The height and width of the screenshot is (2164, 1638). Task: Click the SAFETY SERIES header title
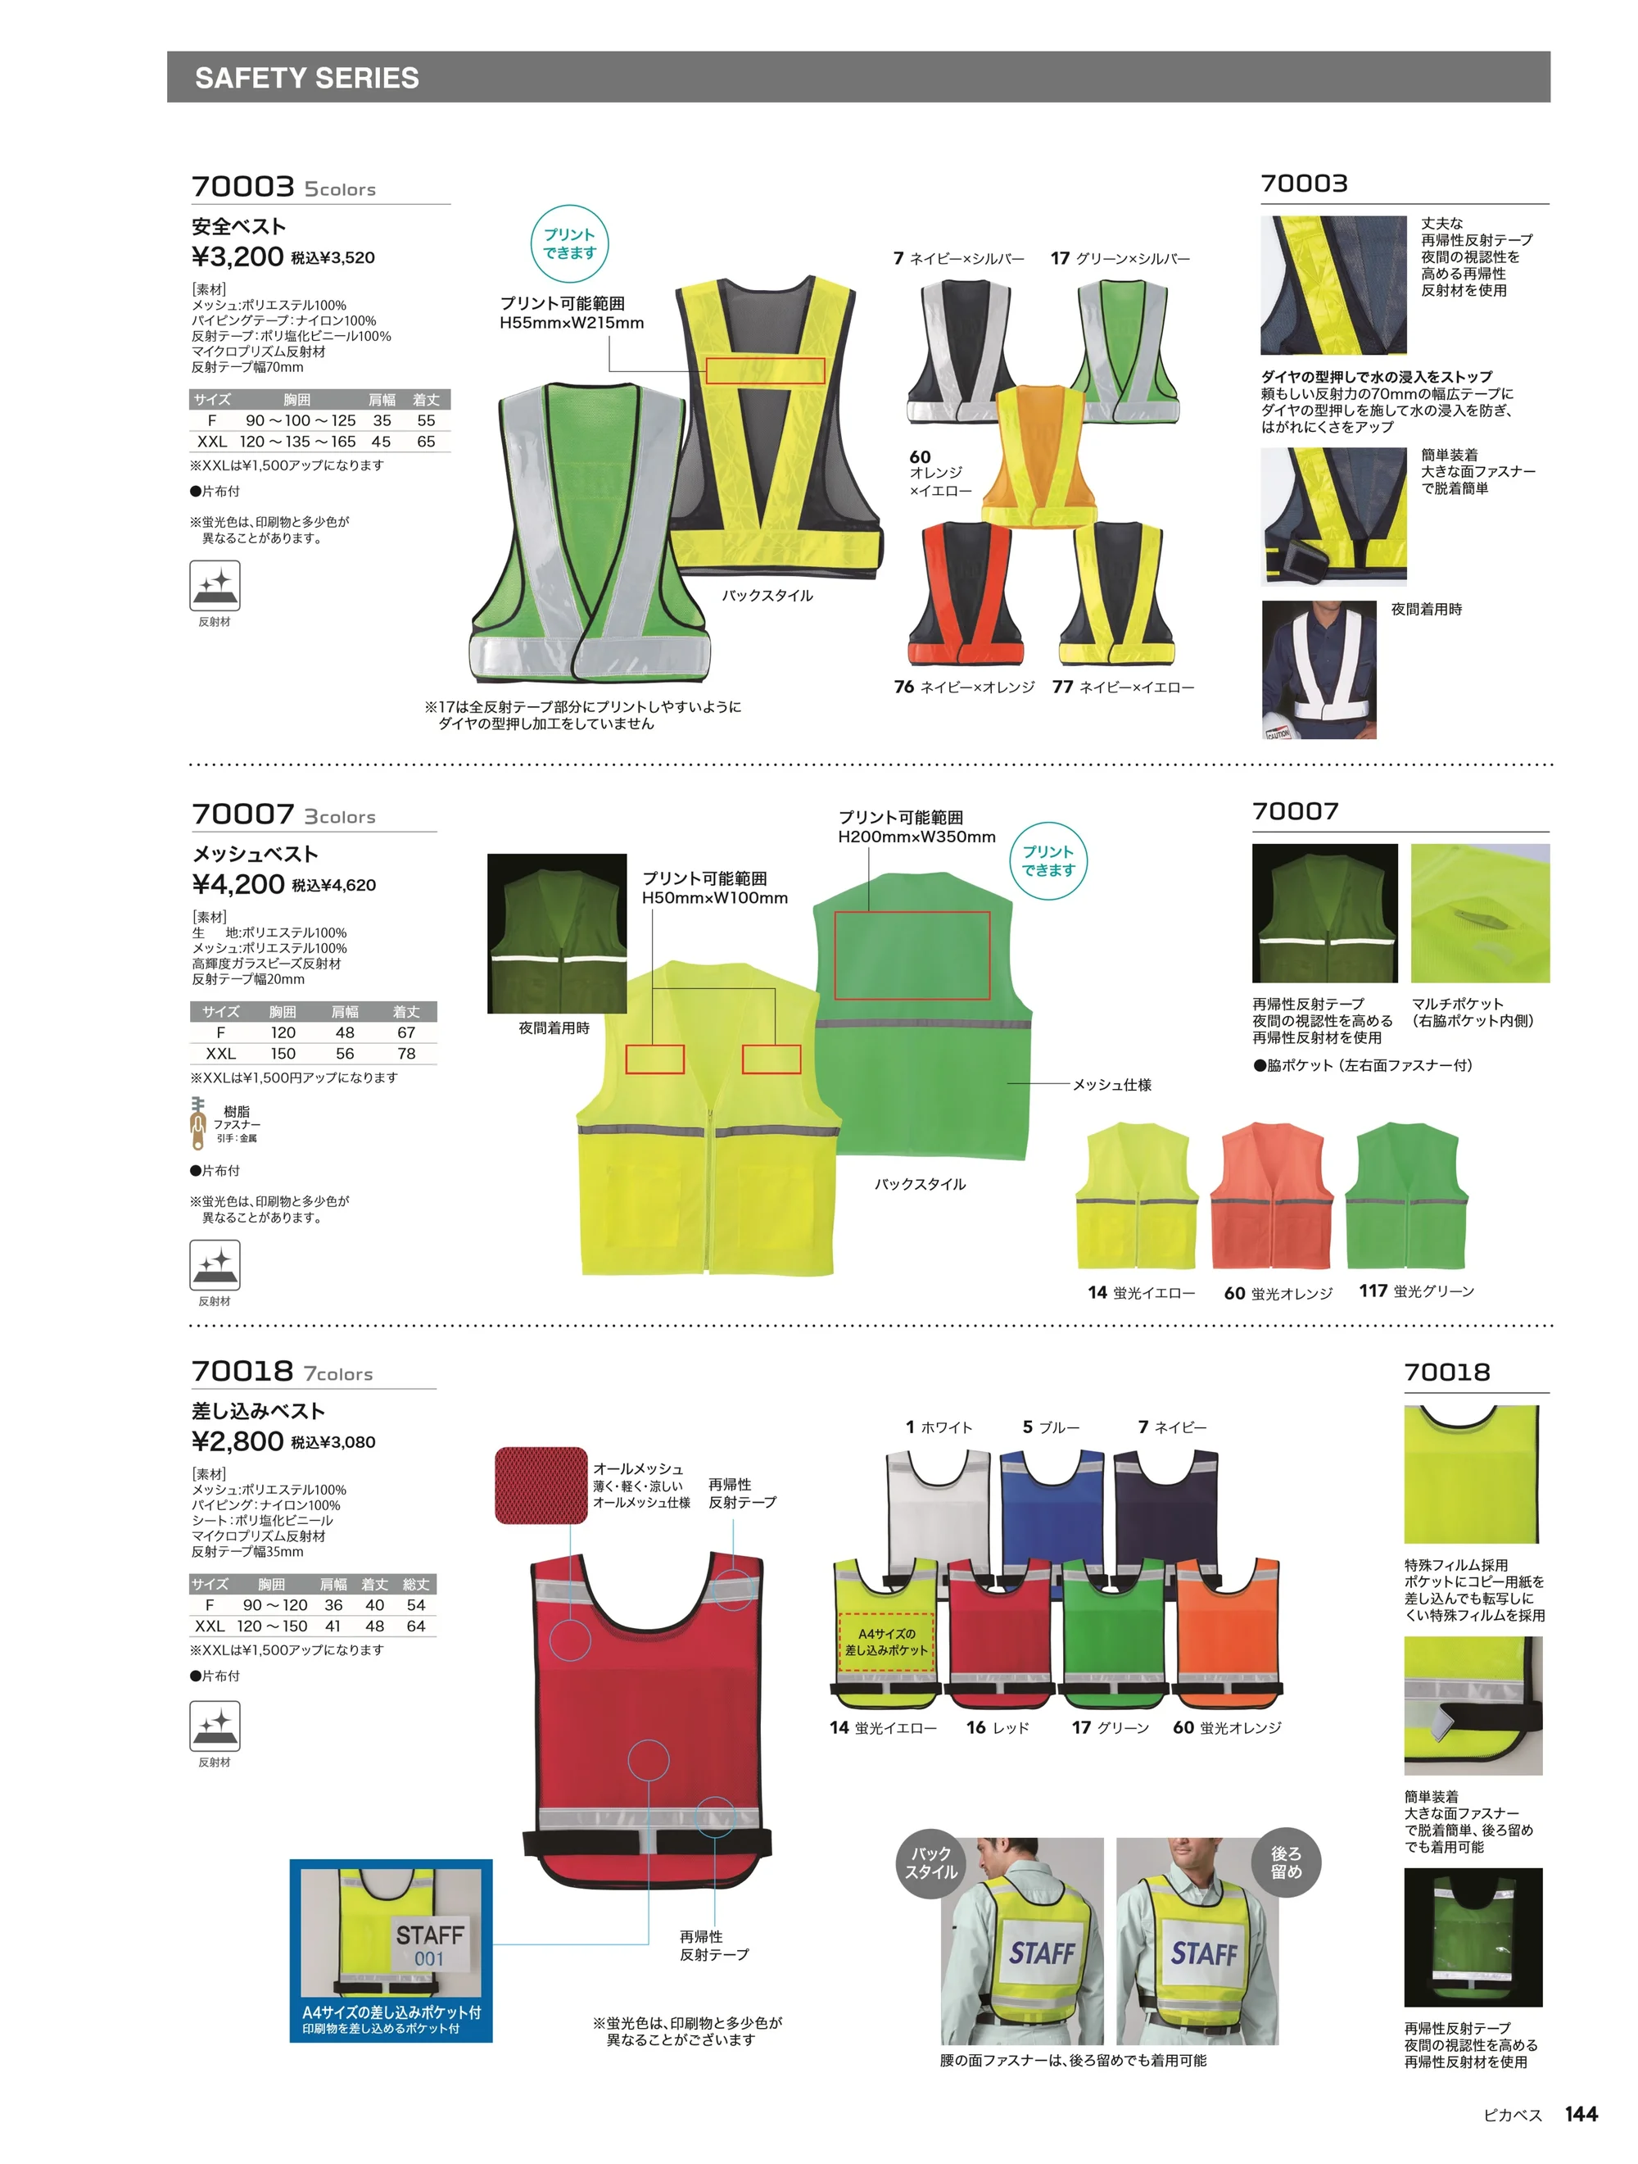click(x=307, y=79)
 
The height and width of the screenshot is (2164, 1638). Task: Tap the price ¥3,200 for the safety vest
click(x=238, y=256)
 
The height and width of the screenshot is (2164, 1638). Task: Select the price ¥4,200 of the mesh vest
click(x=238, y=884)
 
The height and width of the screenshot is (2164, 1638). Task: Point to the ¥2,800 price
click(x=238, y=1441)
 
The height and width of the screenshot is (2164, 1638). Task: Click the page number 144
click(x=1581, y=2113)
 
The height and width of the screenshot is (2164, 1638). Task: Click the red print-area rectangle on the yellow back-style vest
click(x=766, y=370)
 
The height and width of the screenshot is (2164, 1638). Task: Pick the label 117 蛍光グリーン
click(x=1416, y=1291)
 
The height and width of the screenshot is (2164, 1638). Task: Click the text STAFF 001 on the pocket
click(x=429, y=1946)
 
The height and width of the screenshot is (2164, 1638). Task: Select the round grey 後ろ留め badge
click(x=1286, y=1862)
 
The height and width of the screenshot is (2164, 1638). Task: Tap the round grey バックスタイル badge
click(x=931, y=1862)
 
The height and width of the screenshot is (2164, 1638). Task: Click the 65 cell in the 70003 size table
click(x=427, y=441)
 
